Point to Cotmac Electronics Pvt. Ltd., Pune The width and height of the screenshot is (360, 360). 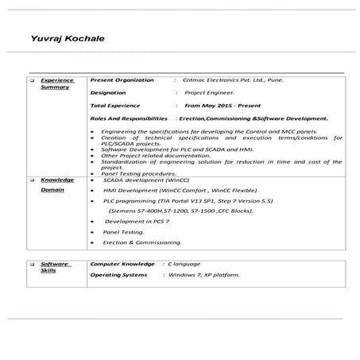tap(232, 80)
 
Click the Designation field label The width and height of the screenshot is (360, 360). tap(113, 92)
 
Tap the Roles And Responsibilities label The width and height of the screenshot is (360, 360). tap(129, 118)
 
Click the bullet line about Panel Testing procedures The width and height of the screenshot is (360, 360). tap(138, 172)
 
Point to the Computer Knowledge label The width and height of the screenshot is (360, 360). tap(122, 262)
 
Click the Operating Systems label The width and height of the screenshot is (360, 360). tap(118, 274)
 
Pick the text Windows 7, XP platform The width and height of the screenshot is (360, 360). tap(204, 274)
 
